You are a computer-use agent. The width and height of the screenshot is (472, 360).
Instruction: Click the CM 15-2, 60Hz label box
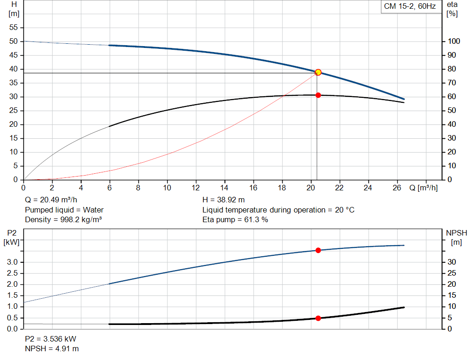pyautogui.click(x=410, y=6)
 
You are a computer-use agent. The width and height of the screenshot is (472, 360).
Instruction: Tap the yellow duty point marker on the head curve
pyautogui.click(x=318, y=72)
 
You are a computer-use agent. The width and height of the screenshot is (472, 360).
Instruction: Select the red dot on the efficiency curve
pyautogui.click(x=318, y=95)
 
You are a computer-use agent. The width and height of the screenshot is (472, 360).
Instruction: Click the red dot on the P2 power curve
pyautogui.click(x=318, y=250)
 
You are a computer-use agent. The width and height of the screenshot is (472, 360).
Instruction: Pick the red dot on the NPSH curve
pyautogui.click(x=318, y=318)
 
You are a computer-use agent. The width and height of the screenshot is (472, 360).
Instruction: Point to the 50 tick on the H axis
pyautogui.click(x=14, y=41)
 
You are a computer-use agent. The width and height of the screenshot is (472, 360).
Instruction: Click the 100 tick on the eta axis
pyautogui.click(x=454, y=41)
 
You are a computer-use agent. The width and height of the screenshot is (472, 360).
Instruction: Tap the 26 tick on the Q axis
pyautogui.click(x=397, y=188)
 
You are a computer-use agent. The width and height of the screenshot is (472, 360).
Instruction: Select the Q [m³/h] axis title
pyautogui.click(x=423, y=188)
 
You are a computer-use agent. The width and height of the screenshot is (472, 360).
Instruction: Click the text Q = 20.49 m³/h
pyautogui.click(x=51, y=200)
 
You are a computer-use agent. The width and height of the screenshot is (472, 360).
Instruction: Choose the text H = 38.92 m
pyautogui.click(x=224, y=200)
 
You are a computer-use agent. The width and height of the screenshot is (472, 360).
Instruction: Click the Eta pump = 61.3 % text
pyautogui.click(x=235, y=219)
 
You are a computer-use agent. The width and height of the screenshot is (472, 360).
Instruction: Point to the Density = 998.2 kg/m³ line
pyautogui.click(x=63, y=219)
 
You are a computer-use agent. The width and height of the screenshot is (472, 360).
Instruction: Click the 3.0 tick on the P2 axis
pyautogui.click(x=13, y=262)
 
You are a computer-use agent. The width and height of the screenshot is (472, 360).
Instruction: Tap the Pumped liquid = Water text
pyautogui.click(x=64, y=210)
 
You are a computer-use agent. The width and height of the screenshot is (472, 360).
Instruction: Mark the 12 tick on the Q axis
pyautogui.click(x=196, y=188)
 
